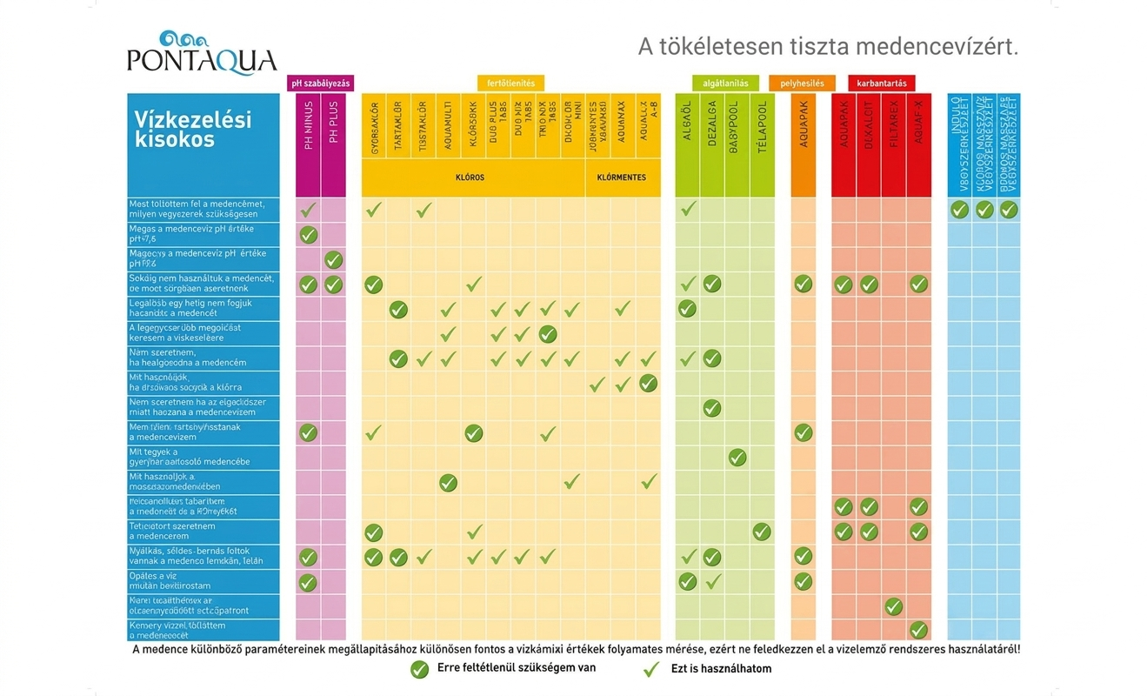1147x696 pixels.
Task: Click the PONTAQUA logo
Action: [202, 53]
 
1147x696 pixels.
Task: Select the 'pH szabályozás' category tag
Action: [321, 84]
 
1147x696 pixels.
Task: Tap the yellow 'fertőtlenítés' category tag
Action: [510, 84]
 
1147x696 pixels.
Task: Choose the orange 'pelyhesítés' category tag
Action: [802, 84]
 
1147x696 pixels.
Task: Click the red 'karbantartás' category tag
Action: [881, 84]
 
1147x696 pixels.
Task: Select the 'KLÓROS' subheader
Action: [470, 177]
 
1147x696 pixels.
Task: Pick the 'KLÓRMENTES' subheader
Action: [622, 177]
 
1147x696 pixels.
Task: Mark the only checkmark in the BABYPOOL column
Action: [737, 458]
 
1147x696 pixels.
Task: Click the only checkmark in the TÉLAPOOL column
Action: [762, 532]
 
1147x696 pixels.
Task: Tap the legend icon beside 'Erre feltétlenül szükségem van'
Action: [420, 669]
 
